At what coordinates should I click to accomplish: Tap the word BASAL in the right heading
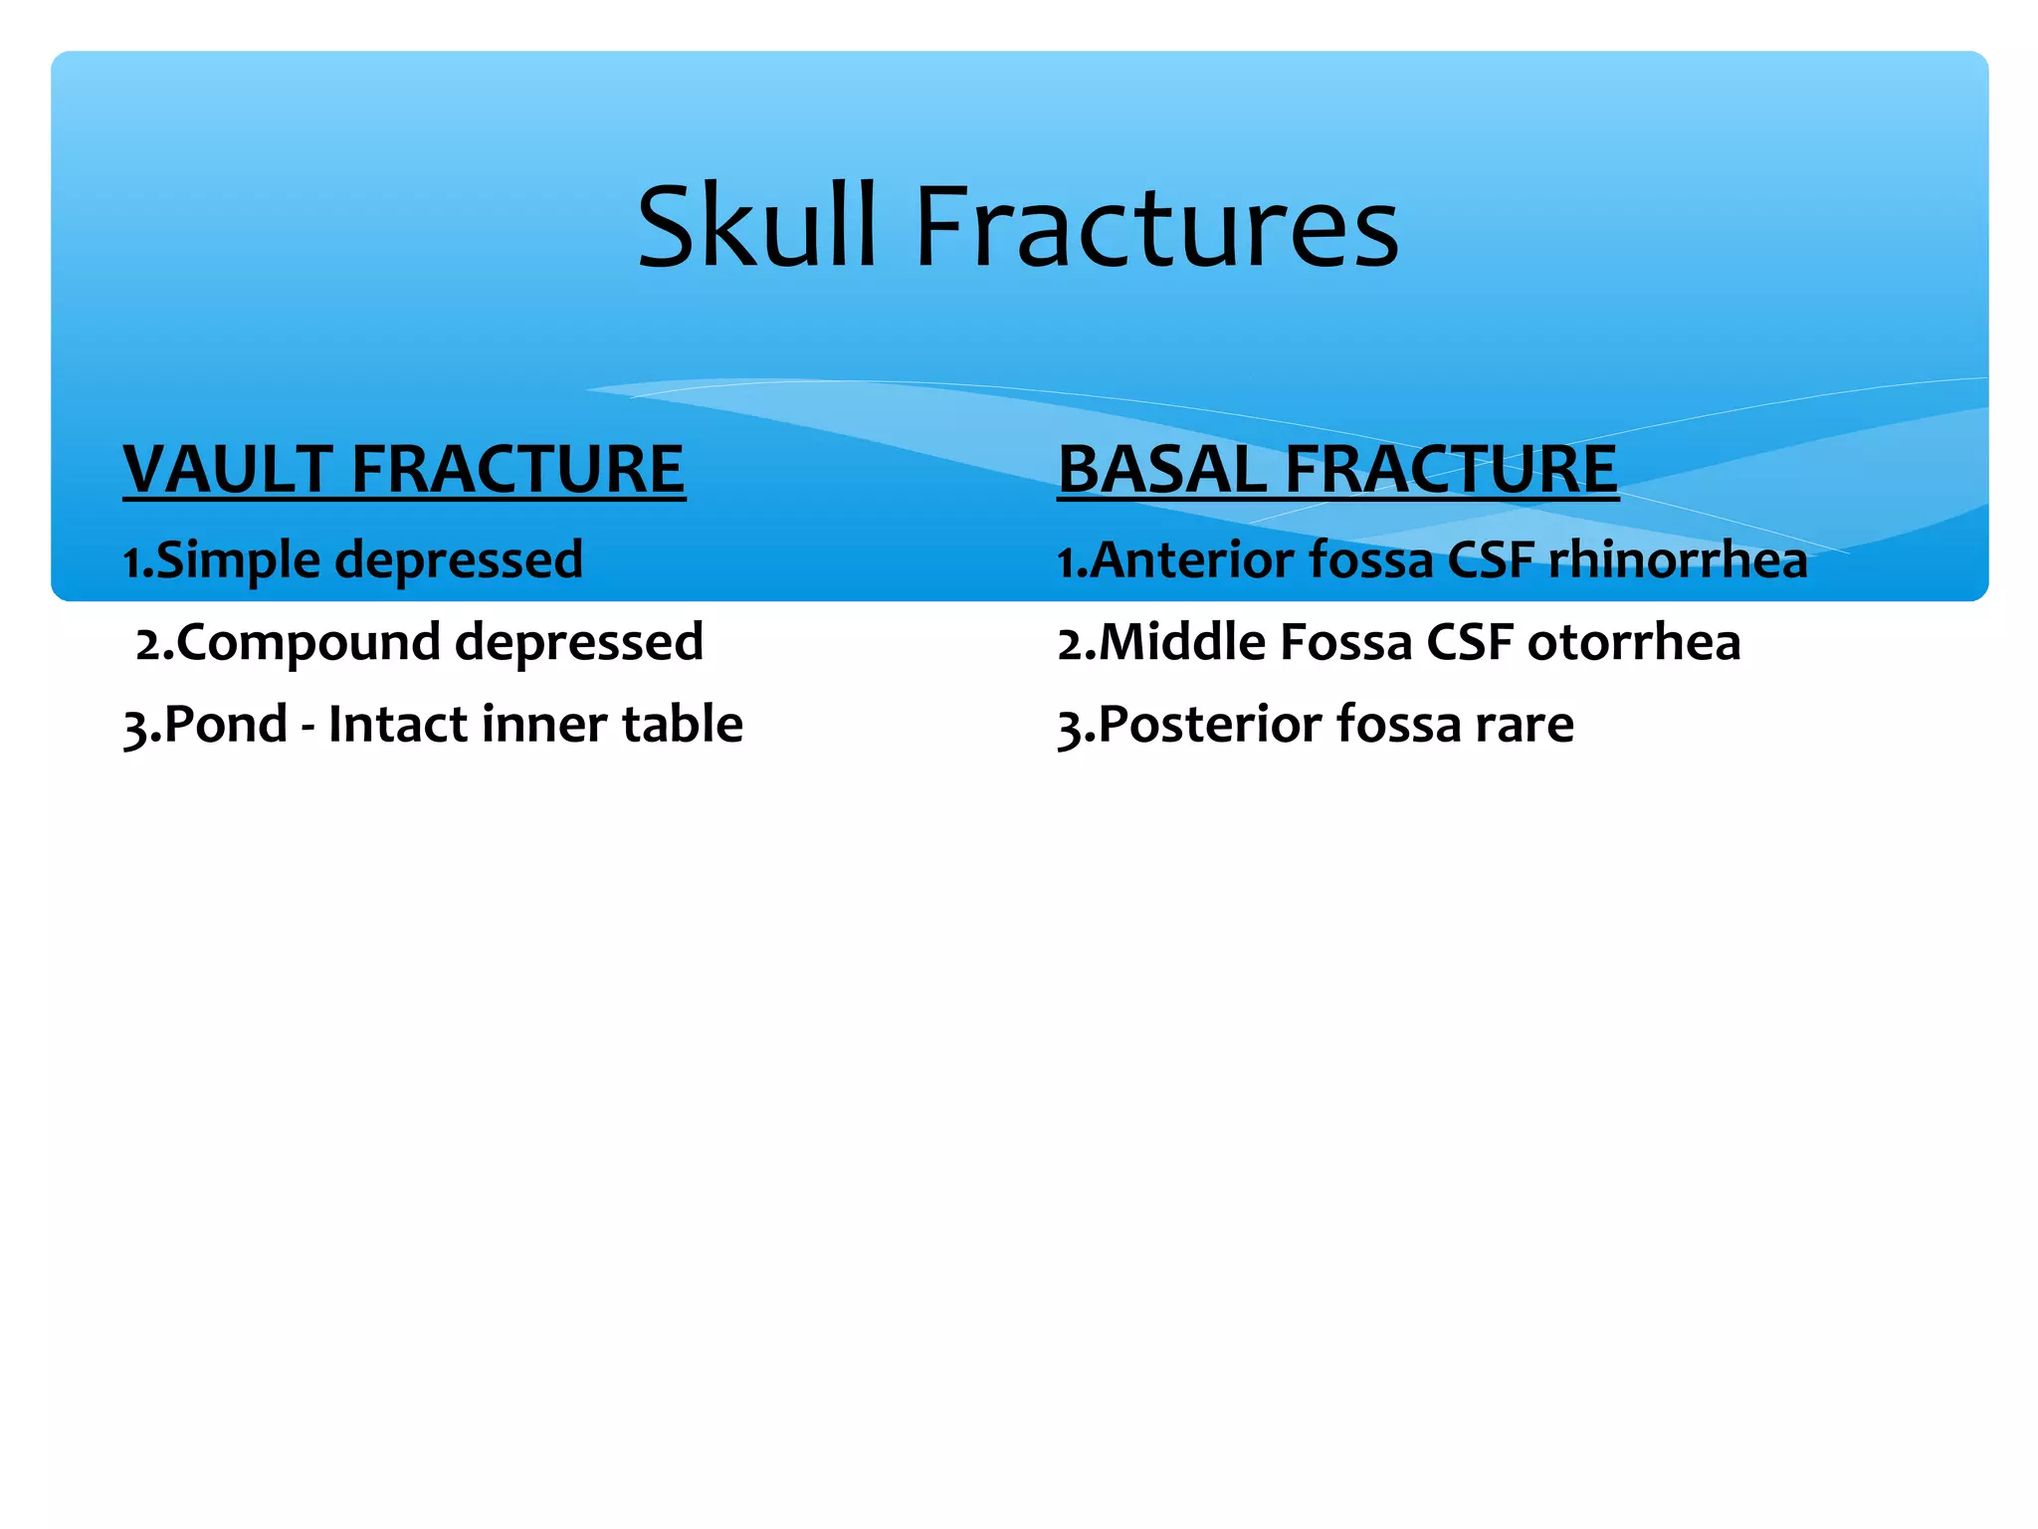pos(1160,469)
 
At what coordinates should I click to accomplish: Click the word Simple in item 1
pos(239,560)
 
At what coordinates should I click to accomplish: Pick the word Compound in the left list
pos(308,643)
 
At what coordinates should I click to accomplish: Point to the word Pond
pos(225,724)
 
